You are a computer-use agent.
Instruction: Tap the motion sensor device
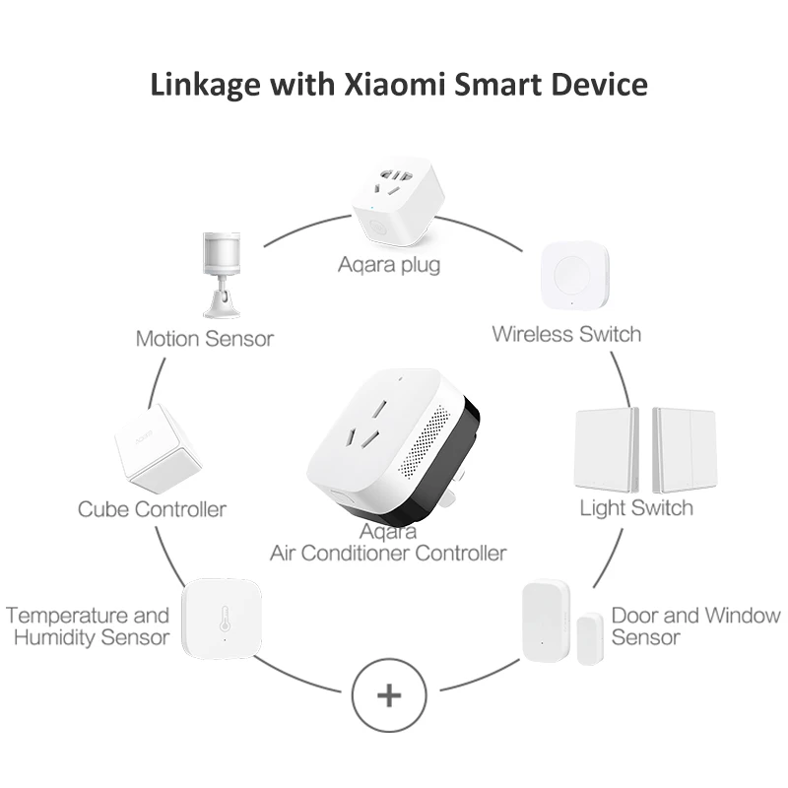[221, 273]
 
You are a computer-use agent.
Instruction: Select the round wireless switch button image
[574, 278]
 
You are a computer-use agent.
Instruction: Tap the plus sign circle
[389, 695]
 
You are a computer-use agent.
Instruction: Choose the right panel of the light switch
[684, 449]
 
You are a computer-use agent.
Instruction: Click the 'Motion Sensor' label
[205, 339]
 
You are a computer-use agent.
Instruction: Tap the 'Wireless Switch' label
[566, 334]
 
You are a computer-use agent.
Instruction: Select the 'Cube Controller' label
[152, 509]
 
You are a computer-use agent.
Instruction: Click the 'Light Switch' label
[635, 508]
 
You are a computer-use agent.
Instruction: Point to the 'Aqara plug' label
[389, 264]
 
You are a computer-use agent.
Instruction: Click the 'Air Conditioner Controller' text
[388, 553]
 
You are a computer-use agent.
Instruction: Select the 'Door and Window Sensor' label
[695, 626]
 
